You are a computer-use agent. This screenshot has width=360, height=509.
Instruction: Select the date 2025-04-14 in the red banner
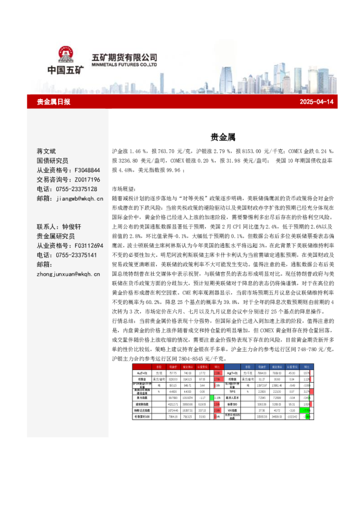tap(317, 102)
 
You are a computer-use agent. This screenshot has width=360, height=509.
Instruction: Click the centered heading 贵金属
tap(219, 137)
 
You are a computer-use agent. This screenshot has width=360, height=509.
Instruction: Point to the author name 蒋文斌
tap(46, 151)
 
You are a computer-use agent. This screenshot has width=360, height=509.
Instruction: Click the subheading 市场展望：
tap(125, 189)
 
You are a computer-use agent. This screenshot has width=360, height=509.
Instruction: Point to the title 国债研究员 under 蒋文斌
tap(54, 161)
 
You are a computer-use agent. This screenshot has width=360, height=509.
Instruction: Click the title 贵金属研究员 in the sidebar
tap(54, 236)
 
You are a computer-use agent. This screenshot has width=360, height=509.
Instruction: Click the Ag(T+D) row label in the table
tap(233, 373)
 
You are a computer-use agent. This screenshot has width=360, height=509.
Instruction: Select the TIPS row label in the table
tap(233, 392)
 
